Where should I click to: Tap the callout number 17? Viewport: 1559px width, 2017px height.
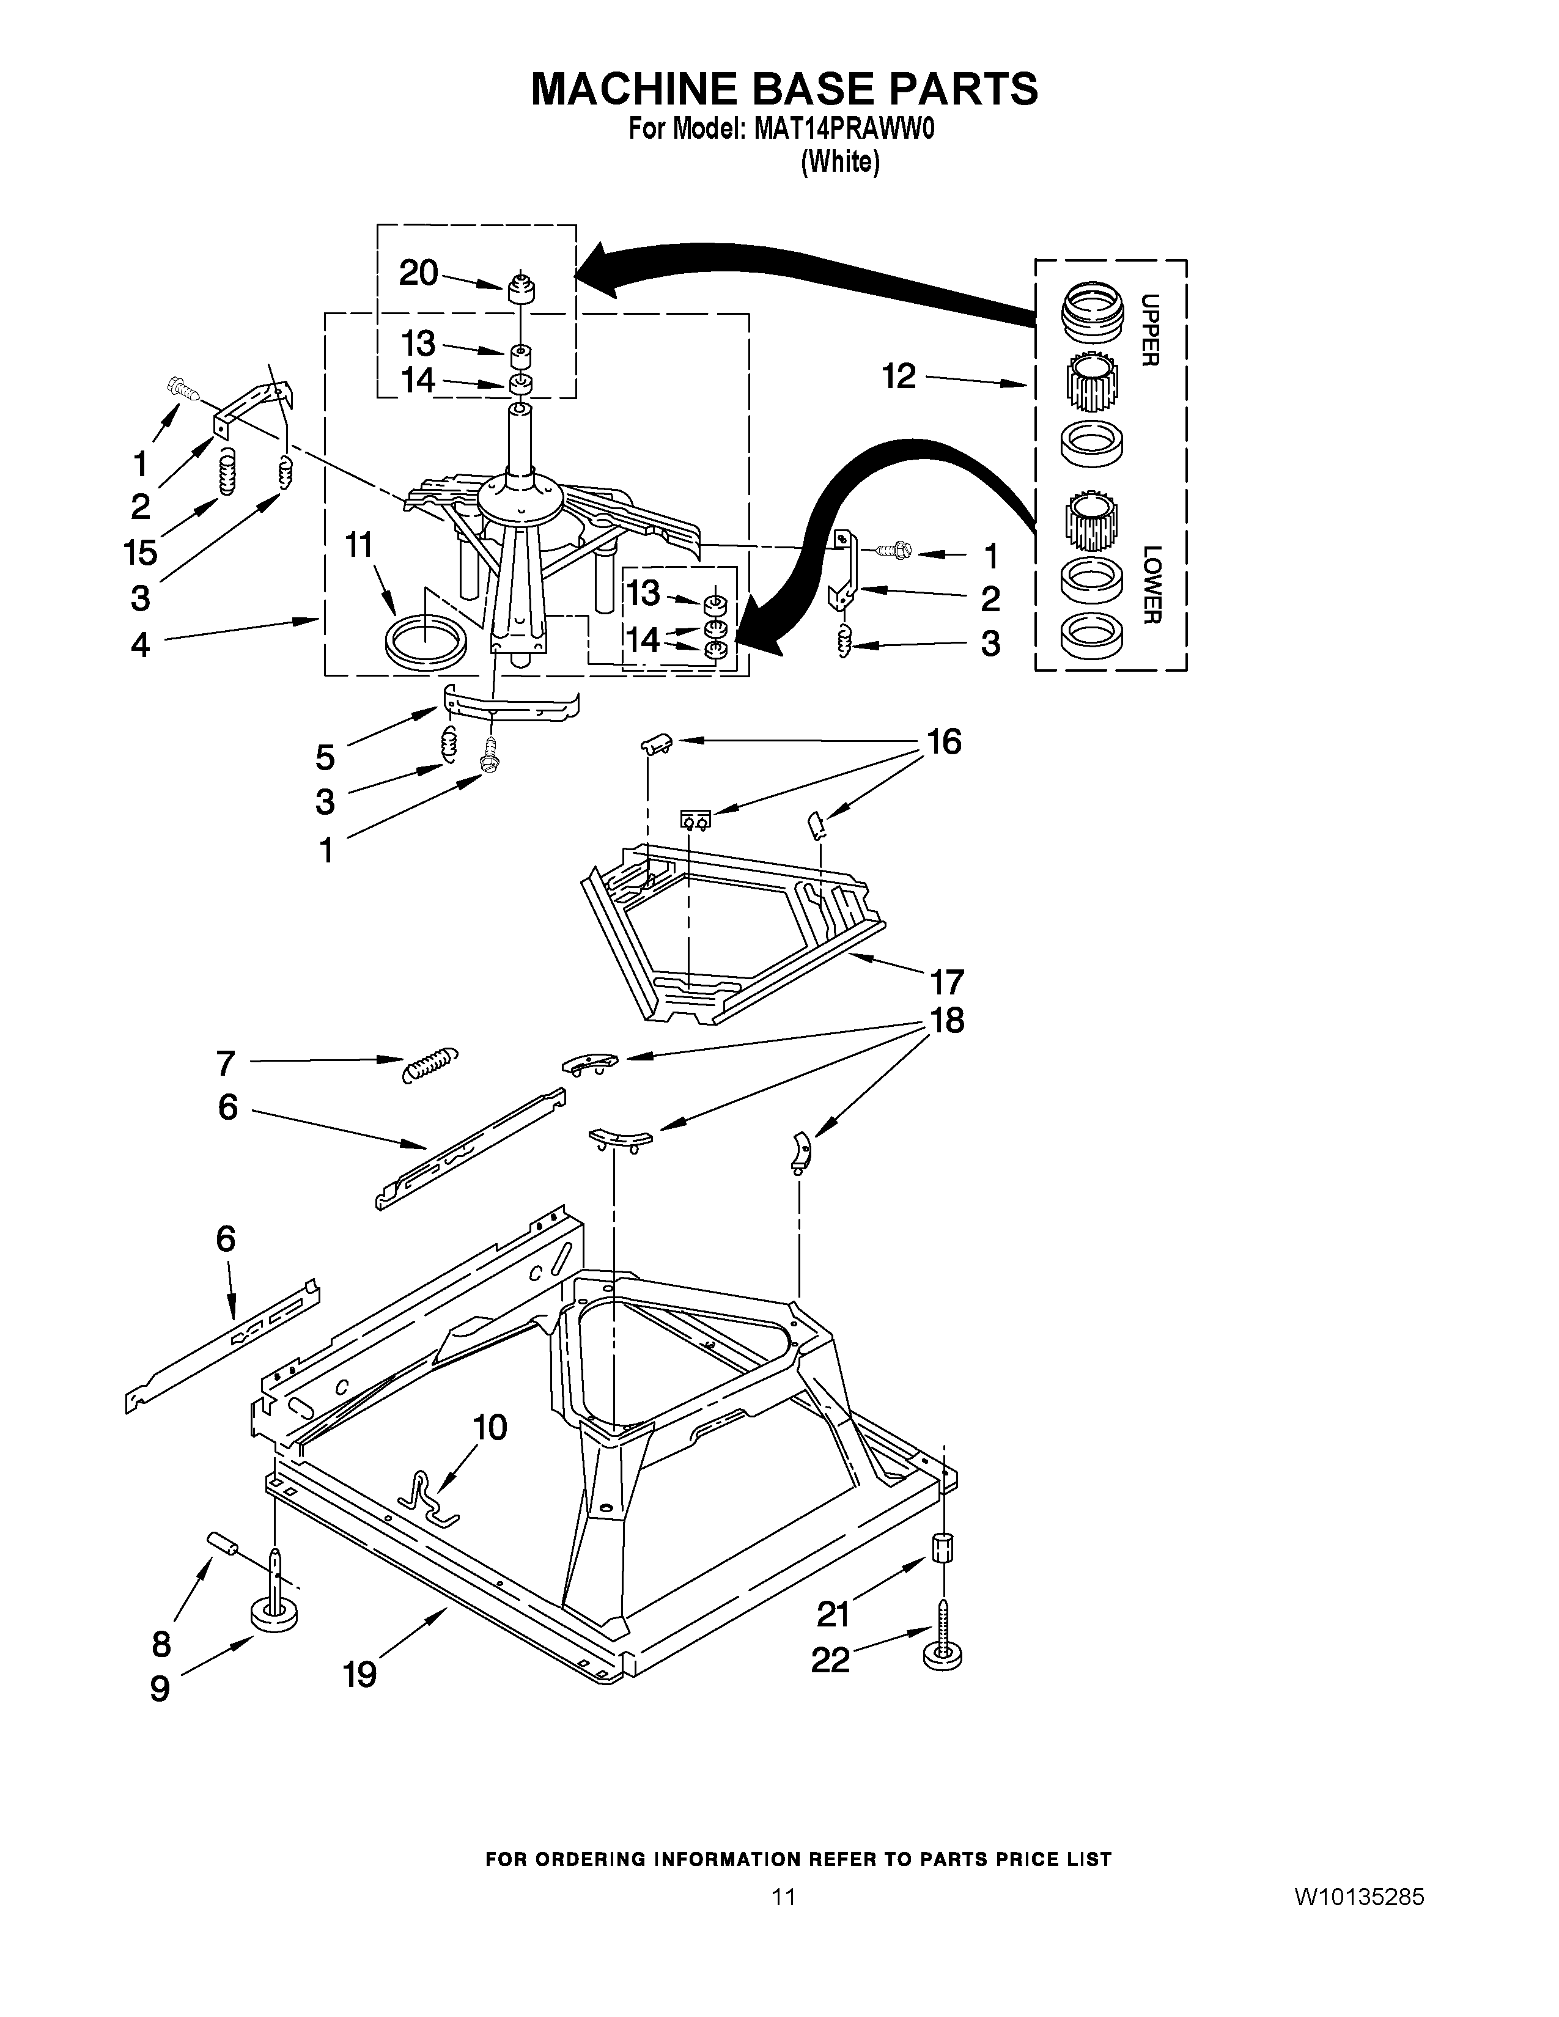(946, 981)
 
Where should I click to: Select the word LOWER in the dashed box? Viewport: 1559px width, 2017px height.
(1151, 584)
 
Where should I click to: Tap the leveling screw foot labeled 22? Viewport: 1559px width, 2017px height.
(942, 1654)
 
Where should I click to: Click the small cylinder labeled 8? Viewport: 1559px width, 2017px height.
(223, 1543)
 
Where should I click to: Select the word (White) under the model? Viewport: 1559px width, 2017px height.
(839, 163)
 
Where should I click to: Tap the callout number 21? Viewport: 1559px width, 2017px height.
(833, 1614)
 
